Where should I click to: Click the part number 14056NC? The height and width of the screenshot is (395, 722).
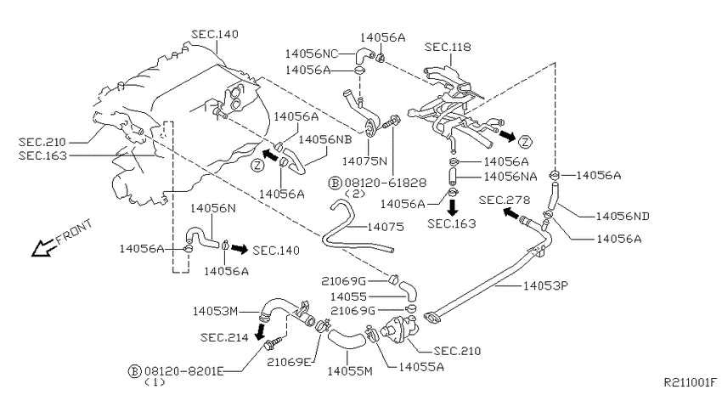[x=311, y=54]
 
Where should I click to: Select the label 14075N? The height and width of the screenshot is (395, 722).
[x=364, y=161]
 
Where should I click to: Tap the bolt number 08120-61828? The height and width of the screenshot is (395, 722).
[x=386, y=183]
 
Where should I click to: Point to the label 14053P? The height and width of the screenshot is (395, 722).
[x=545, y=286]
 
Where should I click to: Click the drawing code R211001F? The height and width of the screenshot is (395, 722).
[x=691, y=382]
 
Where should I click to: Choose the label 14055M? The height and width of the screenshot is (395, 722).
[x=349, y=371]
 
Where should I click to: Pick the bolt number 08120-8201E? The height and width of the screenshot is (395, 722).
[x=184, y=371]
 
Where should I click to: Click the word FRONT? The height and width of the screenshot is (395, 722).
[x=74, y=232]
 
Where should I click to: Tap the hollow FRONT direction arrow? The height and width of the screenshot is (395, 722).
[x=43, y=248]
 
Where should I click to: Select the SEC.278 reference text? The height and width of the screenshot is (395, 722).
[x=505, y=200]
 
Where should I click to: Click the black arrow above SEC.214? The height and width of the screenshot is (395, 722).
[x=261, y=330]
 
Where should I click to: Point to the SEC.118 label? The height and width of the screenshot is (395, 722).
[x=448, y=47]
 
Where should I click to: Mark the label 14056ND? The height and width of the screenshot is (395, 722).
[x=623, y=217]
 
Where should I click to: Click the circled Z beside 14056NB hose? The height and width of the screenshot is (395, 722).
[x=257, y=164]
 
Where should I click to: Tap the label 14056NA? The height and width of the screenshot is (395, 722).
[x=510, y=177]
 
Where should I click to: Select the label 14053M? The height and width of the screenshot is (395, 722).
[x=215, y=311]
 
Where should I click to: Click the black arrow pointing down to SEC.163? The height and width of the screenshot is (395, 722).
[x=453, y=207]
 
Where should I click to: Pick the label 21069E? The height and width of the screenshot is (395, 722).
[x=289, y=362]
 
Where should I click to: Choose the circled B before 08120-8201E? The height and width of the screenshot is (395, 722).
[x=134, y=371]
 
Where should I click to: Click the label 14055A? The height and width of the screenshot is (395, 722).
[x=421, y=367]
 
